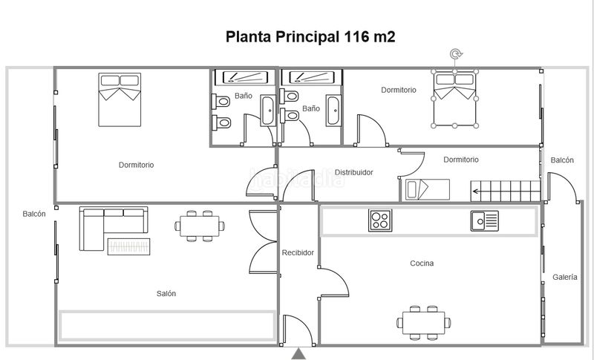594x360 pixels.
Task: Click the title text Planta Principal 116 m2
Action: click(x=310, y=36)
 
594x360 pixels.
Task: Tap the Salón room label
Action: click(x=166, y=293)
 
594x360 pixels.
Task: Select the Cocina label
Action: click(x=422, y=263)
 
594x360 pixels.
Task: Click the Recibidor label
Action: click(x=298, y=252)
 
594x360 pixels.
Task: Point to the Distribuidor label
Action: click(x=354, y=172)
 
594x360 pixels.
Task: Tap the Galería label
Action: click(x=565, y=277)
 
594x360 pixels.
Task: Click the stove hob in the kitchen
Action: click(x=380, y=220)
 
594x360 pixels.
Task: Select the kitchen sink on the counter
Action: click(x=485, y=220)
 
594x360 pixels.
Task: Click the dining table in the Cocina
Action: click(x=423, y=323)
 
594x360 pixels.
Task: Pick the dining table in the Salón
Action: click(x=200, y=226)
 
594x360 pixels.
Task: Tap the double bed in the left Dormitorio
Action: click(x=120, y=99)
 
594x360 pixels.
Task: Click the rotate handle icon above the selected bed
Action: click(x=456, y=53)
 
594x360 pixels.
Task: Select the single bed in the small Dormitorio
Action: click(x=428, y=189)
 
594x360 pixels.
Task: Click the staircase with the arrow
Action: click(x=506, y=191)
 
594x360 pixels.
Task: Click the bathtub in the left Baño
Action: click(x=268, y=111)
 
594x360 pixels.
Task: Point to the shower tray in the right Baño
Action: click(x=311, y=77)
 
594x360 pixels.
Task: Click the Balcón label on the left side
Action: click(x=34, y=214)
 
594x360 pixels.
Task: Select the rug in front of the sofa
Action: click(x=128, y=246)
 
